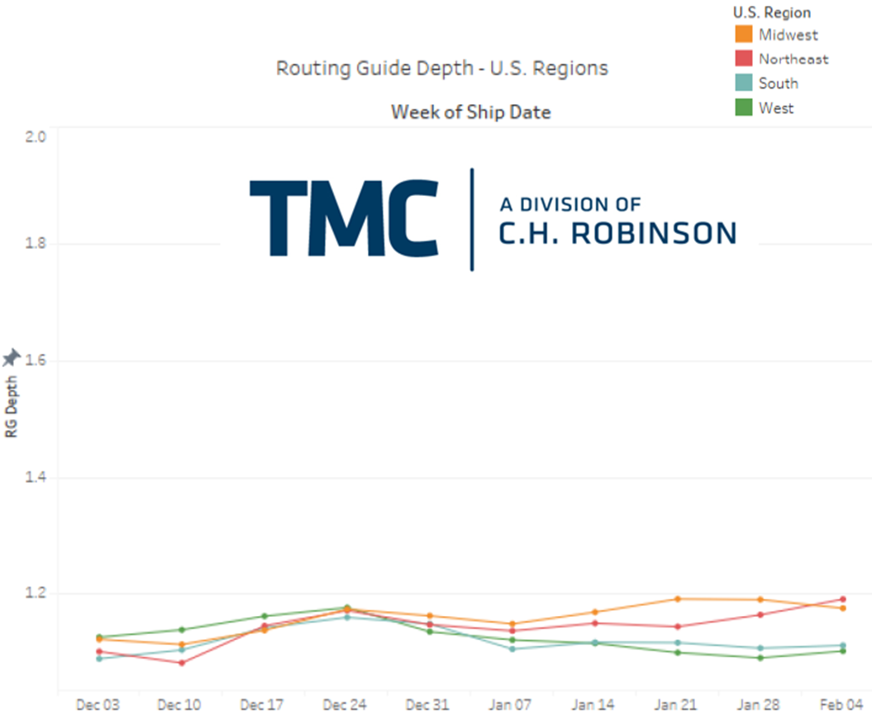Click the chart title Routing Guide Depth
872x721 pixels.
[x=441, y=68]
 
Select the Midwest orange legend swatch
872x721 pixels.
[x=743, y=35]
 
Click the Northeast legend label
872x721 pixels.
[x=793, y=59]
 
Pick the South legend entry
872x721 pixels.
[x=778, y=84]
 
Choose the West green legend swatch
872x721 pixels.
[x=743, y=107]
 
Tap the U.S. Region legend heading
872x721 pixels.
[x=772, y=12]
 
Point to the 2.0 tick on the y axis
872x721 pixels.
[x=36, y=136]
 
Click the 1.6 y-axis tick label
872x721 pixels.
[x=36, y=360]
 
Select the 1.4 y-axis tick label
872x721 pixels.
[x=36, y=478]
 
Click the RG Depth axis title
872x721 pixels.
[x=12, y=413]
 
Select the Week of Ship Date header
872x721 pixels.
[x=470, y=112]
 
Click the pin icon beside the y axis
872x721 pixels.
[x=12, y=358]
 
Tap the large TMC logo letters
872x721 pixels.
[x=343, y=219]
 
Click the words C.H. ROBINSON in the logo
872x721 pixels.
[x=617, y=234]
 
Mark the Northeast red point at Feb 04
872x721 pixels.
[x=843, y=599]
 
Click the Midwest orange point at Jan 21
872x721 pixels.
[x=678, y=599]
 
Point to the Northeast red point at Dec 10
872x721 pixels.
[x=181, y=662]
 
